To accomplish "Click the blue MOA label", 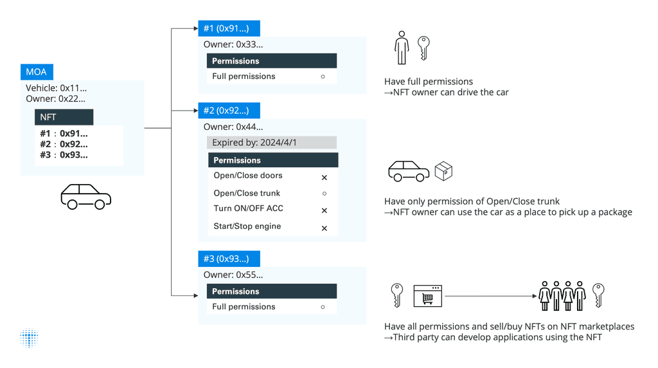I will coord(37,71).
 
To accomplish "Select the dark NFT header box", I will coord(64,117).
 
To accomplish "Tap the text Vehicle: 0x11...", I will coord(56,88).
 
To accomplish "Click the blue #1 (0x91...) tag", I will coord(229,28).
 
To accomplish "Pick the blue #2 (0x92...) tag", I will coord(229,111).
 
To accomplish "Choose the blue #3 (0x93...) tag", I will coord(229,259).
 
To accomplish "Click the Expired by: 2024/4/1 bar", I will coord(272,142).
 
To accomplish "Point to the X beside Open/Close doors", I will coord(324,178).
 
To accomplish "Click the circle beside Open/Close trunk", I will coord(324,193).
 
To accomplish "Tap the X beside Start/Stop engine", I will coord(324,228).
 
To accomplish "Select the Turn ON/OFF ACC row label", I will coord(248,208).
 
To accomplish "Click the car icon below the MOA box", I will coord(85,197).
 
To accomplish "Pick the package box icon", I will coord(443,171).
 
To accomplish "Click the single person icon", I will coord(402,48).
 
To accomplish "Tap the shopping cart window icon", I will coord(427,297).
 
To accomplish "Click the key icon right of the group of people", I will coord(598,295).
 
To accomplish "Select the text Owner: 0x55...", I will coord(233,275).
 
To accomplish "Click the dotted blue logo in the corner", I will coord(29,338).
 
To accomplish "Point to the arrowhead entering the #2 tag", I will coord(195,111).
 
